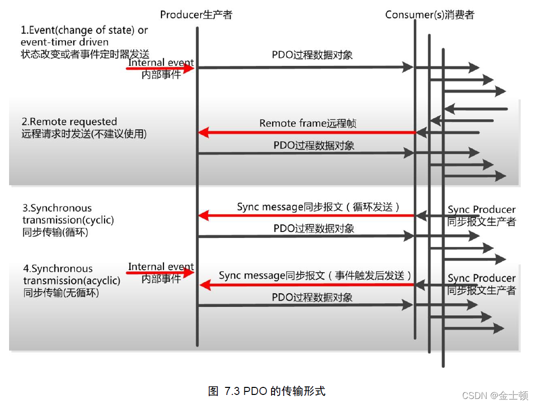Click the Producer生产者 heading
[x=196, y=15]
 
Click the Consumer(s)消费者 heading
[x=429, y=15]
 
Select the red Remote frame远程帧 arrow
[x=307, y=133]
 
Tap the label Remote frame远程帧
[x=308, y=123]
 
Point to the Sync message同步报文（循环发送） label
[x=319, y=207]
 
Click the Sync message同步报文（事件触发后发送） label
[x=315, y=276]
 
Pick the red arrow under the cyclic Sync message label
[x=307, y=216]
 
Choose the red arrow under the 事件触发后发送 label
[x=307, y=285]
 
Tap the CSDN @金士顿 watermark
[x=495, y=395]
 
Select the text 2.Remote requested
[x=69, y=122]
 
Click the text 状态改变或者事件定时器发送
[x=85, y=54]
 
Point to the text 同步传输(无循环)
[x=61, y=292]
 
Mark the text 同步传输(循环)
[x=57, y=232]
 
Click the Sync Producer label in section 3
[x=481, y=210]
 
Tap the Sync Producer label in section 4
[x=481, y=278]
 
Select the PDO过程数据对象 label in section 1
[x=312, y=55]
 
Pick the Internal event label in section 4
[x=161, y=267]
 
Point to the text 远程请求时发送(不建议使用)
[x=84, y=134]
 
